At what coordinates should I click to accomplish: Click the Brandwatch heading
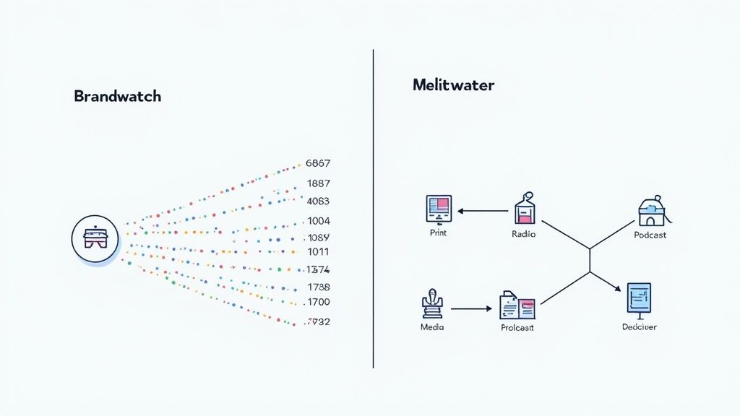117,96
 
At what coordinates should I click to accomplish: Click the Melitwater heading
453,85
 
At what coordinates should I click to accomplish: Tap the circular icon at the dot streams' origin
95,239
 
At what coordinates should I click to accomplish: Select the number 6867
318,163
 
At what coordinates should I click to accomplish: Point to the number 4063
318,201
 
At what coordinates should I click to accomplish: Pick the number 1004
318,221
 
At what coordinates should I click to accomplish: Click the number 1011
318,252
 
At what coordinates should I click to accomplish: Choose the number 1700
318,302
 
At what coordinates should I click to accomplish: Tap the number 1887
318,183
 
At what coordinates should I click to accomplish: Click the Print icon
438,209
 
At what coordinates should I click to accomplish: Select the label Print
438,233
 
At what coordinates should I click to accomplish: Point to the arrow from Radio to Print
483,212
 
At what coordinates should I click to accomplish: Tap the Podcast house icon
651,211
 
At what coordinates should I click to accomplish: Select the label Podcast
650,235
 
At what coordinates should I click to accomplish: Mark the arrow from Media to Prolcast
470,309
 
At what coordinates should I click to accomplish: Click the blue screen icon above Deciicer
639,298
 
